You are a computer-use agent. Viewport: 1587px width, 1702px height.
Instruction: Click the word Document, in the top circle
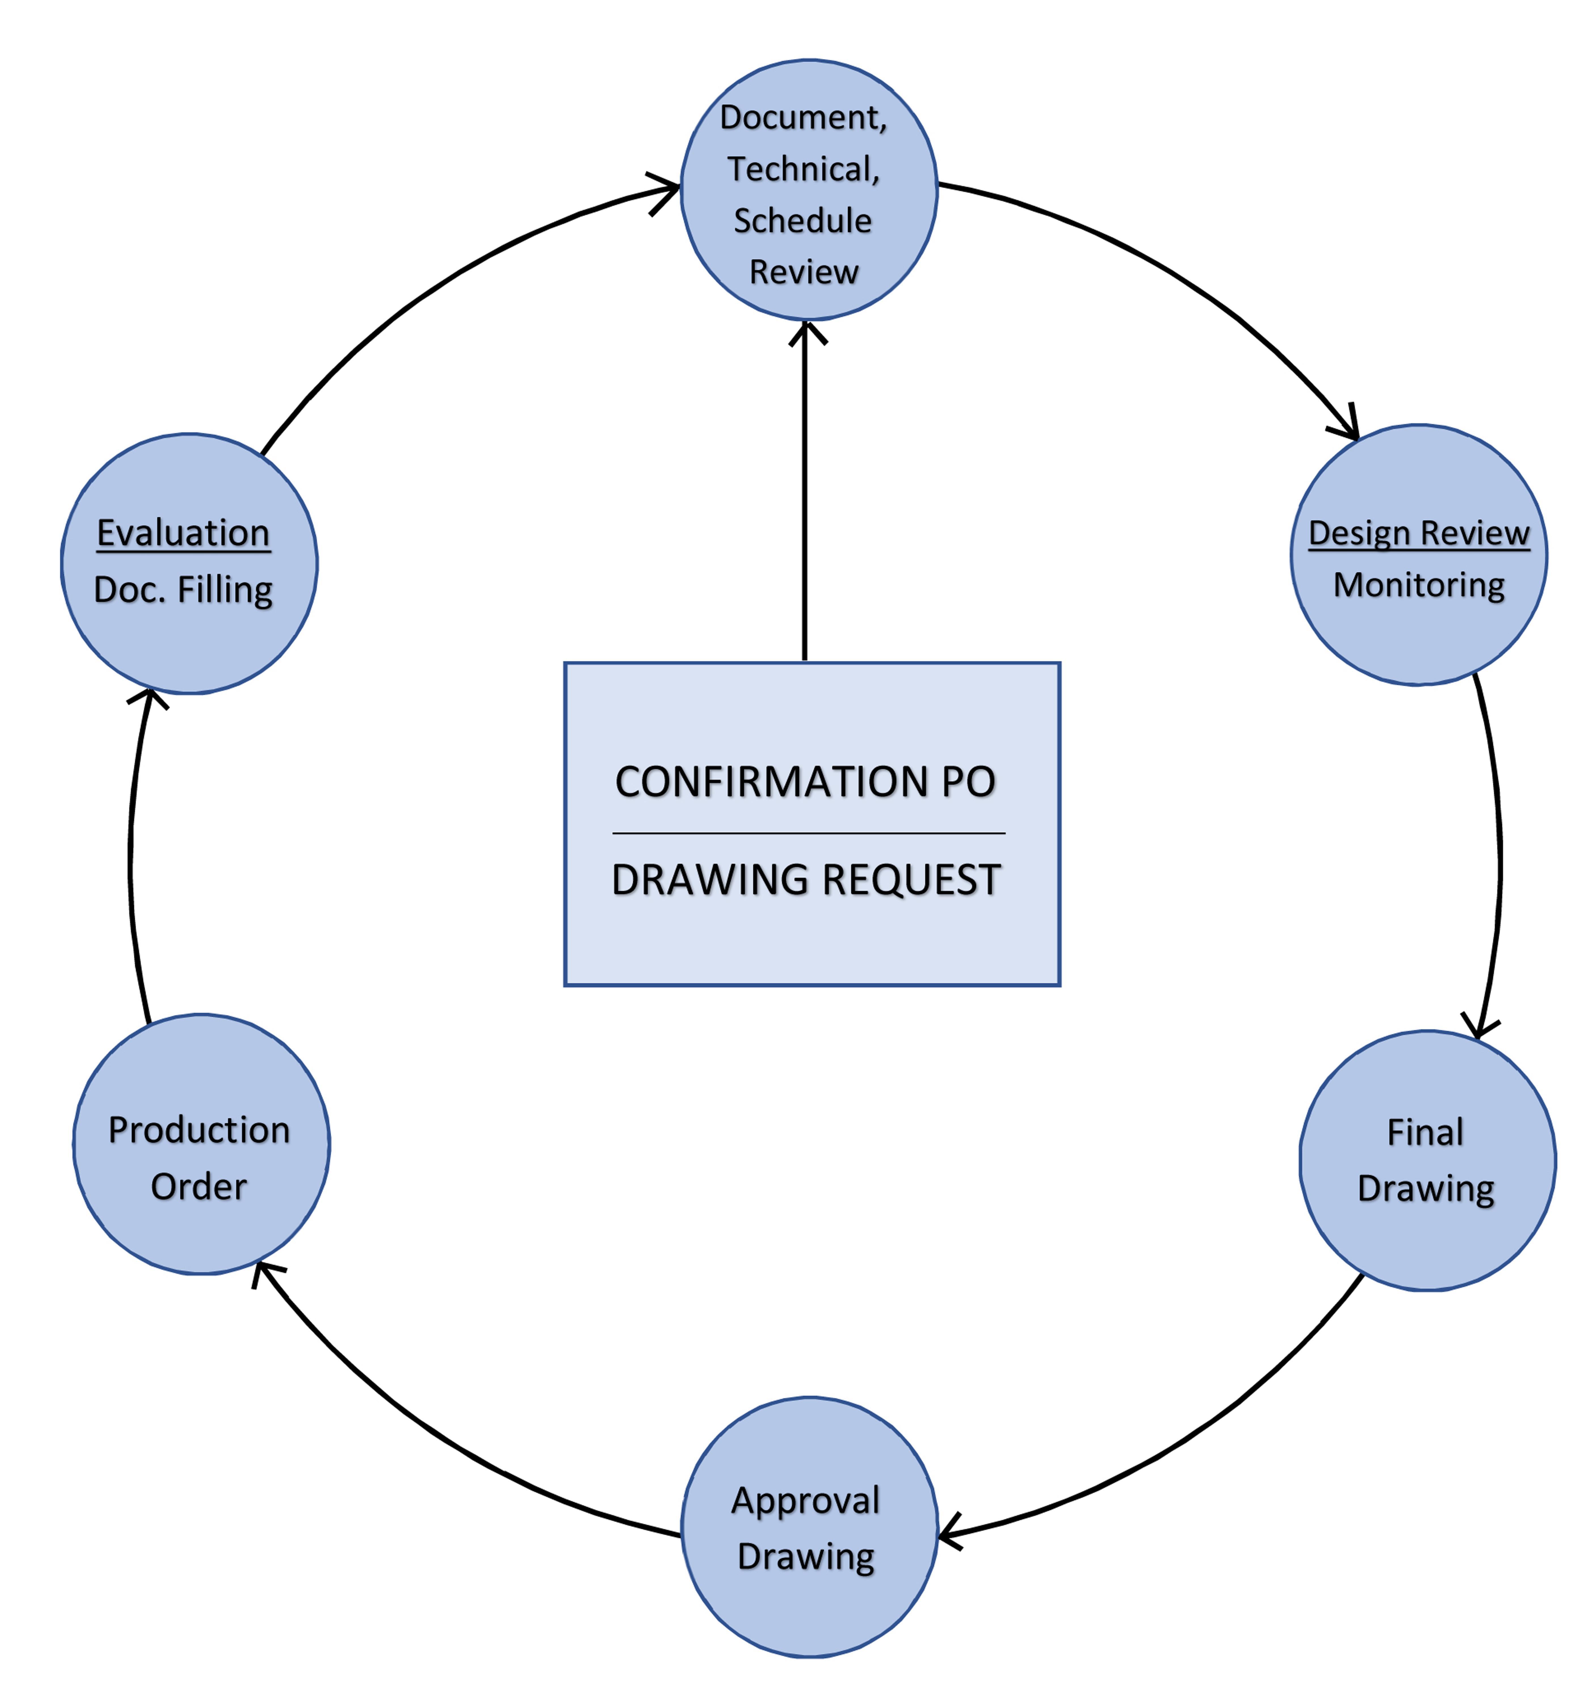pyautogui.click(x=803, y=117)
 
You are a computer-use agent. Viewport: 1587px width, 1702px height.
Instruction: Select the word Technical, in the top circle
pyautogui.click(x=803, y=169)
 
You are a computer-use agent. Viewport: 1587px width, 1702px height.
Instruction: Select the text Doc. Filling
pyautogui.click(x=183, y=590)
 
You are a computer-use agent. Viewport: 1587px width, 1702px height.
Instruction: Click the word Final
pyautogui.click(x=1425, y=1132)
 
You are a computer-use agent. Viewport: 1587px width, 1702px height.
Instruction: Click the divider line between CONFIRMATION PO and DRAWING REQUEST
pyautogui.click(x=808, y=832)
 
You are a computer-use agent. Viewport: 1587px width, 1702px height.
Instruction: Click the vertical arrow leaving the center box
pyautogui.click(x=805, y=490)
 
